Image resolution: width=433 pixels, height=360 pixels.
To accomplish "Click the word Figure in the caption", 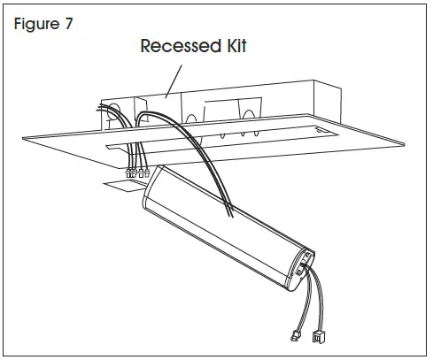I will click(36, 22).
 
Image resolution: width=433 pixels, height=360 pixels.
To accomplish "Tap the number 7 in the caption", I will click(67, 22).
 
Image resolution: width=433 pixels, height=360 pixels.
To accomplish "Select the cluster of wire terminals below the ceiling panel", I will click(135, 174).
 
